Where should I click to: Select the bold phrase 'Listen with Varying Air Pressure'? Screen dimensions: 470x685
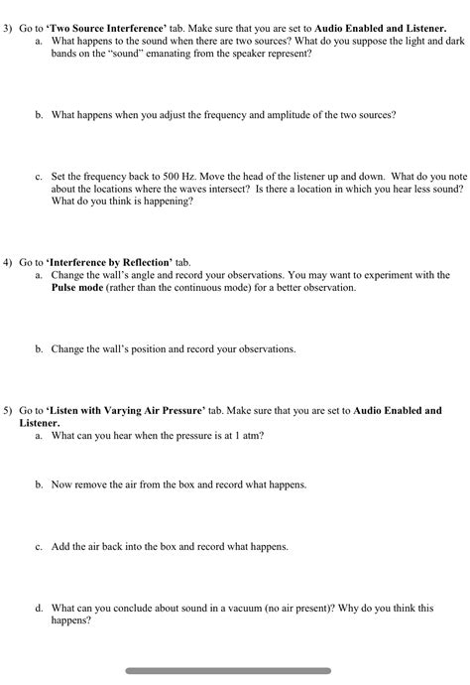coord(126,409)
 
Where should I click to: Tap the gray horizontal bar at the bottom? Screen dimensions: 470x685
coord(228,671)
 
